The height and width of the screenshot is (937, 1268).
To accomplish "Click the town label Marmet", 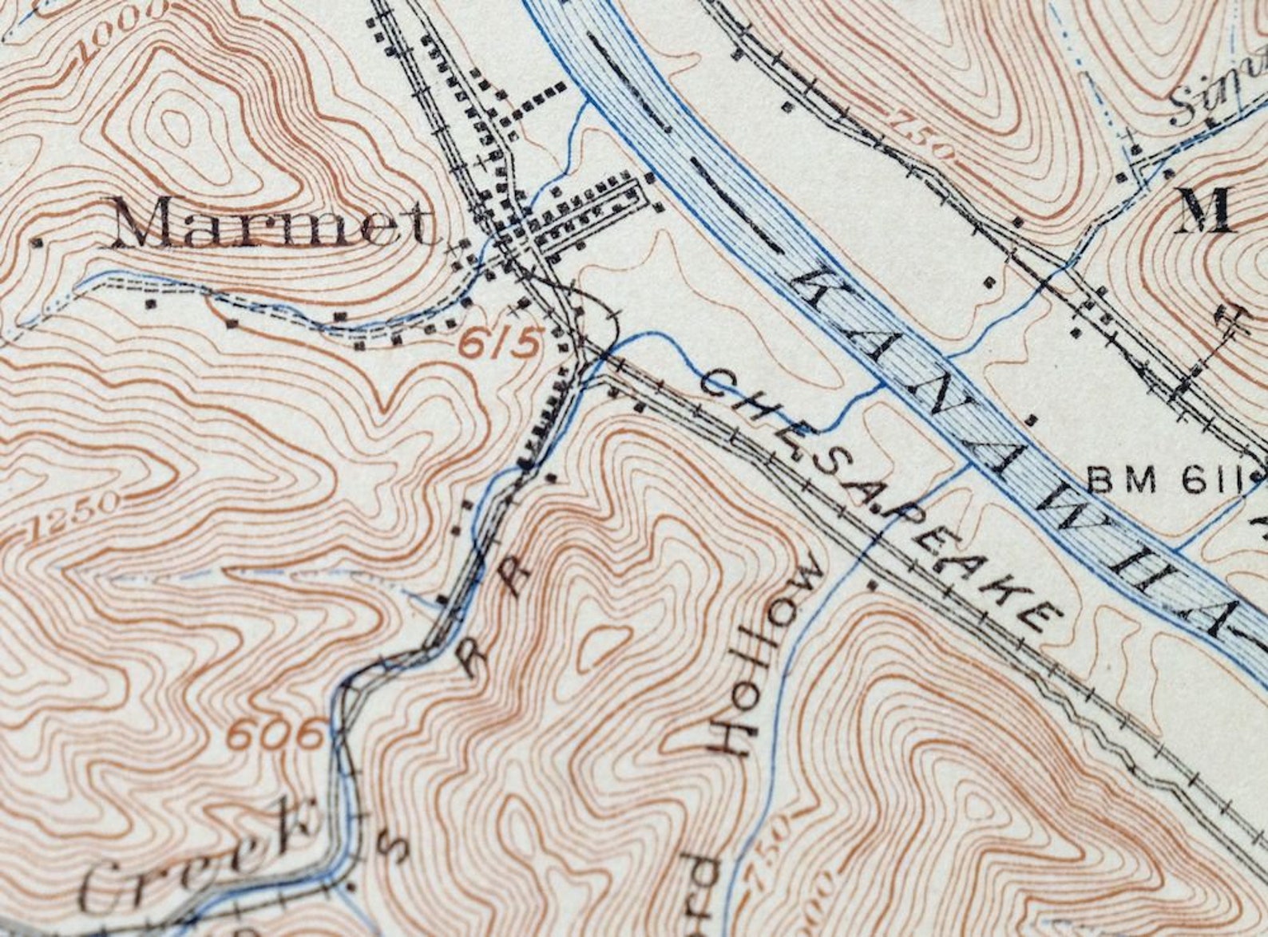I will click(x=271, y=224).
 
